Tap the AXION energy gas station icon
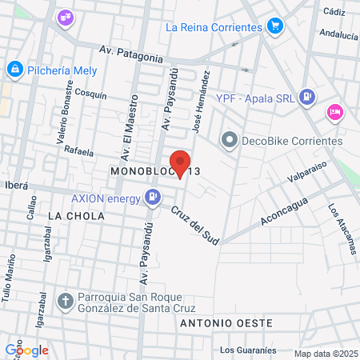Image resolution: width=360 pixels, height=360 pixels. pos(152,195)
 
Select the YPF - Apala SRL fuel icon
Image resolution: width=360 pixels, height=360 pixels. pos(306,97)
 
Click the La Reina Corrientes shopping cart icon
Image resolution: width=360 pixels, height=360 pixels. pos(275,26)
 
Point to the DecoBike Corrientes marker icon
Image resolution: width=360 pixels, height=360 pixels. pos(230,142)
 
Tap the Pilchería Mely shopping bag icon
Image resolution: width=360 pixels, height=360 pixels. pos(14,70)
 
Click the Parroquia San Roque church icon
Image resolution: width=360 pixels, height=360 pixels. pos(66,302)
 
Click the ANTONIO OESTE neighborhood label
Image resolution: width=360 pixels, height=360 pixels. pos(226,323)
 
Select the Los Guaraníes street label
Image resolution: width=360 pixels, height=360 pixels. pos(248,350)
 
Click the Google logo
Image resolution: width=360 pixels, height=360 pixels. pos(26,350)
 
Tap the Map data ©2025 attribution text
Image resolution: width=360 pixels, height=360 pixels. pos(325,354)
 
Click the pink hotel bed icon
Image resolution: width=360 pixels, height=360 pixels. pos(334,111)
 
